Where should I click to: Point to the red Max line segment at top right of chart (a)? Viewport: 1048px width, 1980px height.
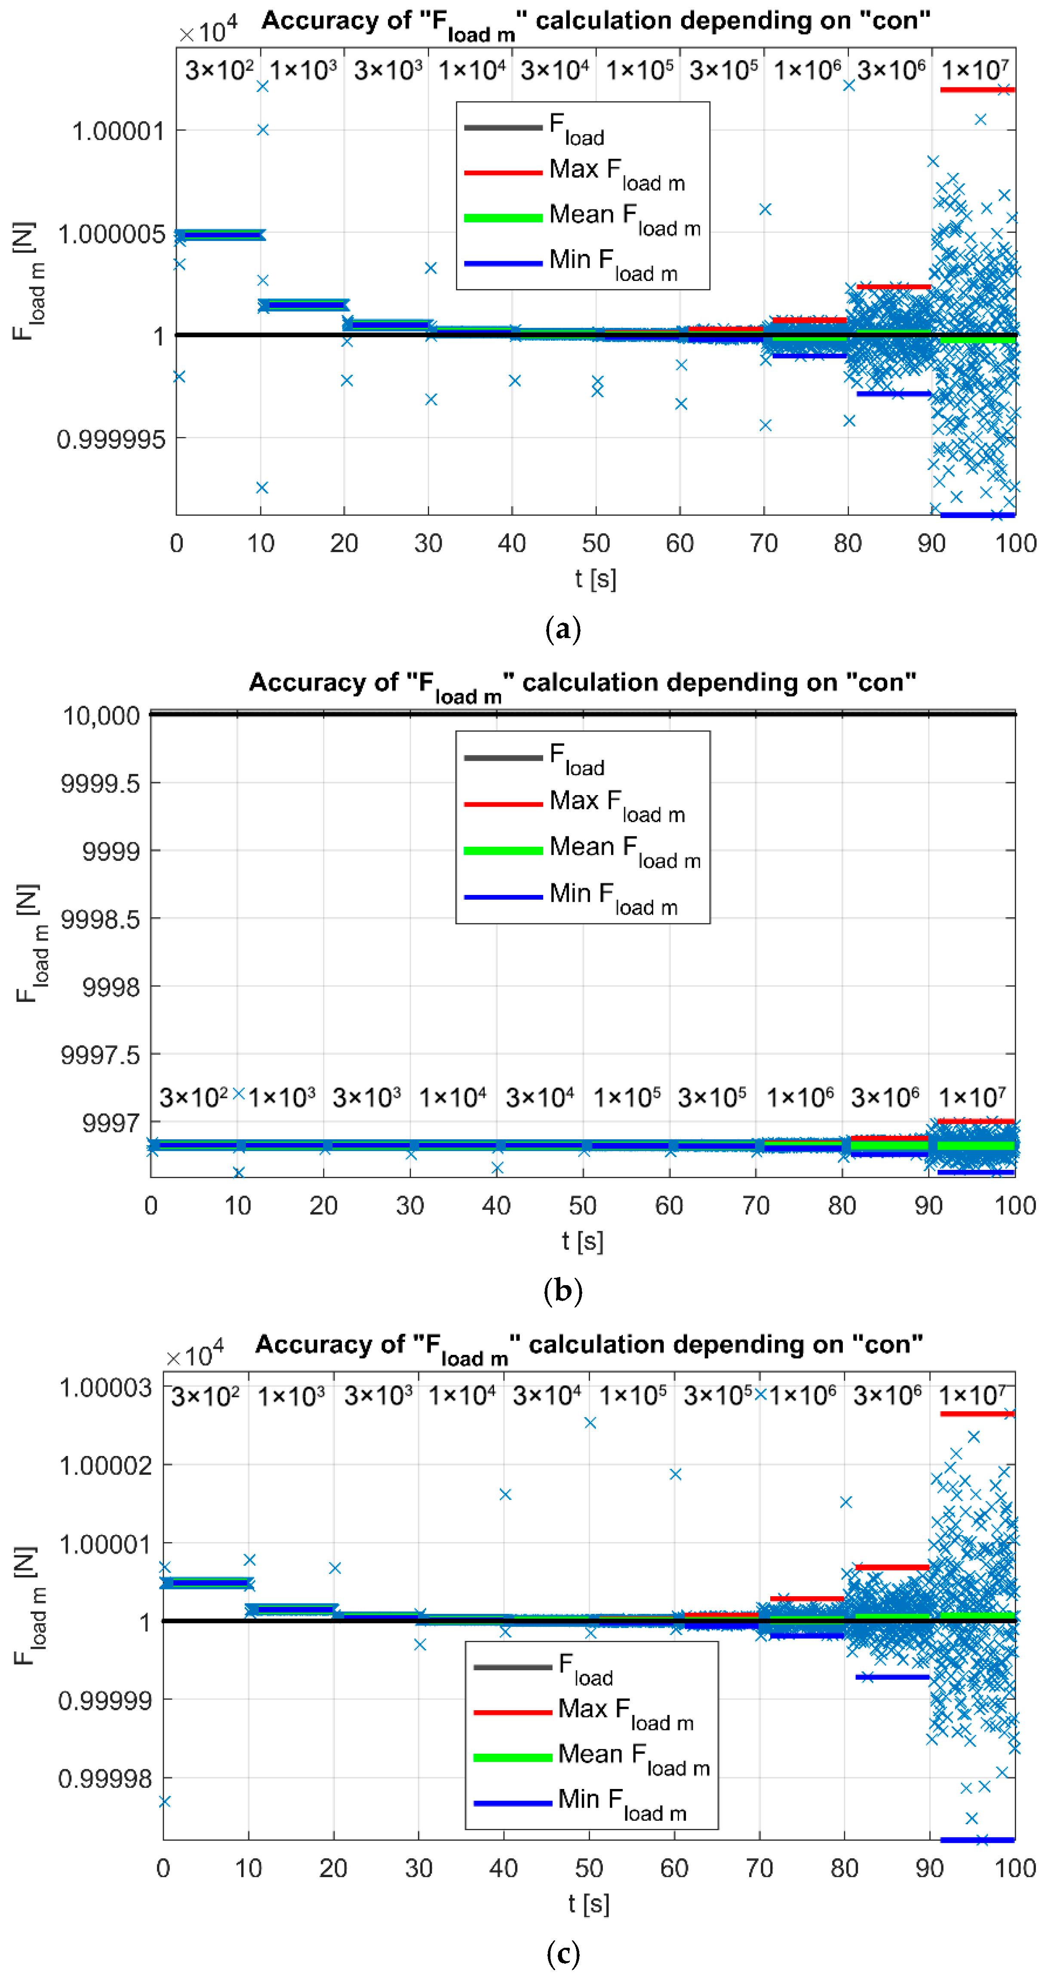[977, 90]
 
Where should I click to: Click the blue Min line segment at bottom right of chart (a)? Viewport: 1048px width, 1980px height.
[977, 514]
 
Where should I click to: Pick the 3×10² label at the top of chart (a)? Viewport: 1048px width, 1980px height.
[219, 70]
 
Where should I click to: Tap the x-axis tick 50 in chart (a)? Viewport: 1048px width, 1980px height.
[596, 543]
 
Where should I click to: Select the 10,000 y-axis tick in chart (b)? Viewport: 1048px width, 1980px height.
[101, 716]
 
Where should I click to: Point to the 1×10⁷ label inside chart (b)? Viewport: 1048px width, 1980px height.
[971, 1097]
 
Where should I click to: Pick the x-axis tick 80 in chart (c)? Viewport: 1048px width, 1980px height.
[845, 1868]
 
